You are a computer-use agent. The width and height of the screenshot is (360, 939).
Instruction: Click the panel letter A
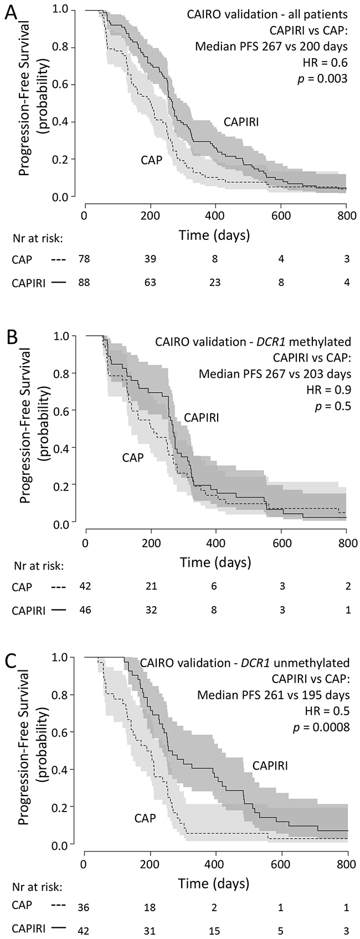[10, 13]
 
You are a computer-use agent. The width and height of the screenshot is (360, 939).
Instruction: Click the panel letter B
[11, 336]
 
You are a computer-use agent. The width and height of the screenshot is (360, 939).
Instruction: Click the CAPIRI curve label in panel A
[241, 122]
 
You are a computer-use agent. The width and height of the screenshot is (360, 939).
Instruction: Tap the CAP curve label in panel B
[133, 457]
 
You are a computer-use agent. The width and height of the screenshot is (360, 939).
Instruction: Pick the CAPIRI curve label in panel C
[270, 765]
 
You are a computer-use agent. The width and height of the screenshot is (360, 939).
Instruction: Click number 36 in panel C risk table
[85, 908]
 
